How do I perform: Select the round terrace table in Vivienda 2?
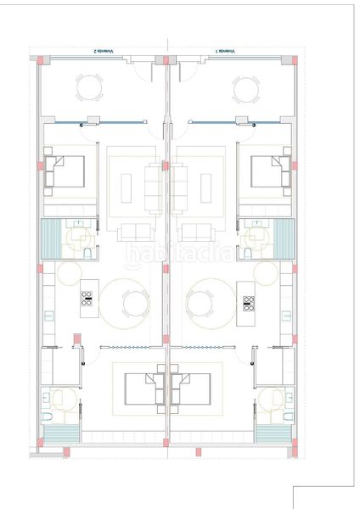tap(90, 87)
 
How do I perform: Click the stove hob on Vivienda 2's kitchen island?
tap(87, 299)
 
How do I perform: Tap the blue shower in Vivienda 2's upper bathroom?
tap(52, 238)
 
